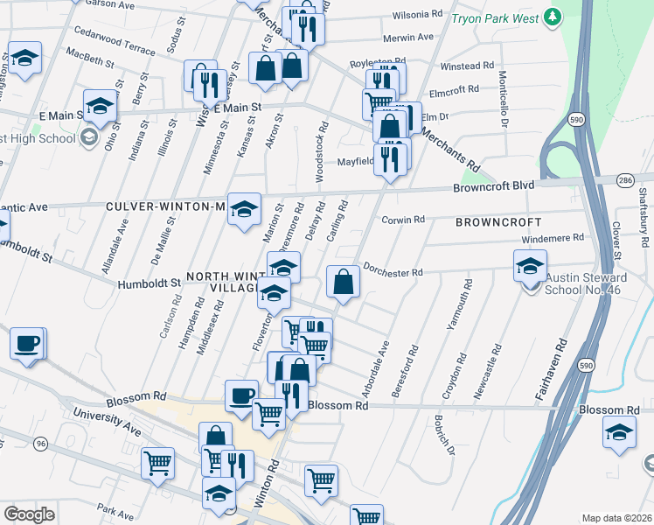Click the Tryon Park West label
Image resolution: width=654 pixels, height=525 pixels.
click(495, 17)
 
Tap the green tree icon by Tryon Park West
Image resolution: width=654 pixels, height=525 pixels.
click(552, 16)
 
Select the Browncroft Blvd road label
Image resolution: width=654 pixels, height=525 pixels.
click(492, 186)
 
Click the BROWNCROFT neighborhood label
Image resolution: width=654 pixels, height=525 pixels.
click(497, 222)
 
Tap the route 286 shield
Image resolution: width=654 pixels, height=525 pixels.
click(623, 179)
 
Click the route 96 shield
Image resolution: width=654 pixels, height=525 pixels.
click(41, 444)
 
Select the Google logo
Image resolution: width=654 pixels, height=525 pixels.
click(30, 514)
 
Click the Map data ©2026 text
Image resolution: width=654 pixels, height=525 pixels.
click(616, 518)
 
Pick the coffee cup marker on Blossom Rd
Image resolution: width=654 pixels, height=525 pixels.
click(241, 395)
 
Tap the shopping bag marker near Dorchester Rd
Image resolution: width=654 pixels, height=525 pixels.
click(343, 282)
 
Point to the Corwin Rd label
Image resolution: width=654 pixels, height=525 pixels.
click(403, 220)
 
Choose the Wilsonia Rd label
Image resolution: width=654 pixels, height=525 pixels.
click(417, 15)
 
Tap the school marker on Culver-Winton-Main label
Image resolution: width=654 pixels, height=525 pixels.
click(245, 208)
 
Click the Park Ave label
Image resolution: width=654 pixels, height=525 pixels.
click(115, 508)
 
